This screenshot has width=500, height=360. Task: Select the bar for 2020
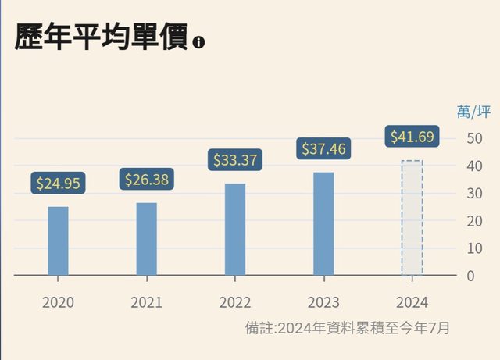pos(58,241)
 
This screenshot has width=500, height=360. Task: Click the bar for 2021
pos(146,239)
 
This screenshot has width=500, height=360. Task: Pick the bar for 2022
pos(235,229)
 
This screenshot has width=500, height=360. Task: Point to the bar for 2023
pos(323,223)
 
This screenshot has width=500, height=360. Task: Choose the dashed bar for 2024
pos(412,218)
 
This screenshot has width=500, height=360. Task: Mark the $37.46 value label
pos(324,148)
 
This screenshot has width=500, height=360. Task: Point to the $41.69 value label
pos(412,137)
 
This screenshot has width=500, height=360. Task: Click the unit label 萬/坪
pos(473,112)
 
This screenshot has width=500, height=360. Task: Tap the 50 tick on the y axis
pos(473,138)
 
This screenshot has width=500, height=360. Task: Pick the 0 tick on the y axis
pos(469,276)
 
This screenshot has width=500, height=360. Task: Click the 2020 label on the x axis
pos(58,302)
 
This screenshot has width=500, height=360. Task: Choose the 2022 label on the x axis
pos(235,302)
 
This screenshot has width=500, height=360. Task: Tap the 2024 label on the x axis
pos(412,302)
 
